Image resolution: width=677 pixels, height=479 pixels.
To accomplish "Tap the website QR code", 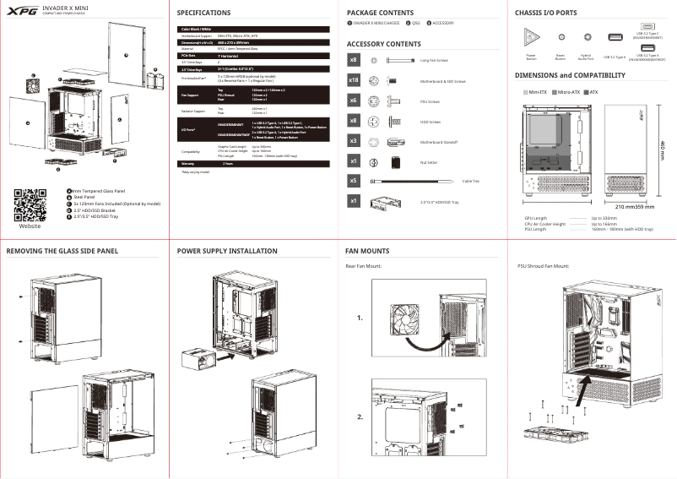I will [30, 205].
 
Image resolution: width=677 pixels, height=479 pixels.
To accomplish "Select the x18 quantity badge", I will [355, 80].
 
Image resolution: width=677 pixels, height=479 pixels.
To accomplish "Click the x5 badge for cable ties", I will [355, 181].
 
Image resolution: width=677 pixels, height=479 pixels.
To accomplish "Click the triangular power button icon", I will [532, 38].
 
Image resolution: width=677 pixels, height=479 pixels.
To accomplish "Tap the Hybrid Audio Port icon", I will [587, 38].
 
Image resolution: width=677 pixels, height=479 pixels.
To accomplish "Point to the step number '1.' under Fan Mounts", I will [360, 318].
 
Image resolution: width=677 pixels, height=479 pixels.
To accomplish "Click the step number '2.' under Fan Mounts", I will [360, 417].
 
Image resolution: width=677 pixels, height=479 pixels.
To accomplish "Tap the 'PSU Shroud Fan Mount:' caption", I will [543, 266].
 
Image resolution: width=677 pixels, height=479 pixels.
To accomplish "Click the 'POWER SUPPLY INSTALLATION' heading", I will [227, 251].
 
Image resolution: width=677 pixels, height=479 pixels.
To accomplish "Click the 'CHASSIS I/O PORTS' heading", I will [546, 14].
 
